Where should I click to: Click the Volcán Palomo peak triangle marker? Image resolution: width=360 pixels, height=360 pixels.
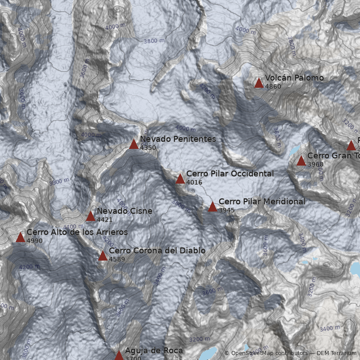(259, 83)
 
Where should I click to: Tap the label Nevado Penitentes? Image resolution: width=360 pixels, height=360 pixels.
(178, 139)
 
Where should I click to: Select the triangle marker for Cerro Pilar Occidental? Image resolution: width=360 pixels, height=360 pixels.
(180, 179)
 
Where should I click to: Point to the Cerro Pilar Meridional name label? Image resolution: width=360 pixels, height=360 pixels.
(261, 202)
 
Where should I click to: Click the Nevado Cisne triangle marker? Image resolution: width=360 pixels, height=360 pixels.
(90, 216)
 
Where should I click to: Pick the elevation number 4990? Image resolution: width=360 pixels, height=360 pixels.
(35, 241)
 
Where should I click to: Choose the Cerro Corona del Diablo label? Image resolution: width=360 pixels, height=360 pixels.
(157, 251)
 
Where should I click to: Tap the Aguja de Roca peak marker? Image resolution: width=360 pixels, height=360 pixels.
(119, 355)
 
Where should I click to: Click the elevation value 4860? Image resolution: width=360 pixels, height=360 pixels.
(273, 87)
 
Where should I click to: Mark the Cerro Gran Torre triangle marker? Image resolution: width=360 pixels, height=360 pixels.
(301, 161)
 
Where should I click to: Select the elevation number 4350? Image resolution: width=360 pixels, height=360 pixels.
(148, 148)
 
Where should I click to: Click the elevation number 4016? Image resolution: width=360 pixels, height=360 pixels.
(194, 183)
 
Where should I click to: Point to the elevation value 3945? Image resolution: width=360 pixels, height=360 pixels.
(226, 210)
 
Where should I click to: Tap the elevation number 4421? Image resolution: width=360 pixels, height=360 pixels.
(104, 220)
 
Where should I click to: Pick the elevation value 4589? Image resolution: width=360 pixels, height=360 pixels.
(117, 260)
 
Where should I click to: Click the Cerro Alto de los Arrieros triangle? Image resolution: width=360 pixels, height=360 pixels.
(20, 238)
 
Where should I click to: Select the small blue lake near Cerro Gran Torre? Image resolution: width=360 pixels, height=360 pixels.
(295, 149)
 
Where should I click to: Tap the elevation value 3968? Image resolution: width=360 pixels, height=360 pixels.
(315, 165)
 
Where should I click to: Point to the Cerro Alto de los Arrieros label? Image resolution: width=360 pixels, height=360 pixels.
(77, 232)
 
